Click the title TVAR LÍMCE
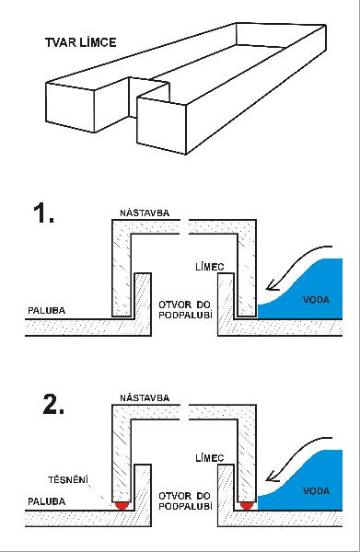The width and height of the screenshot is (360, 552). coord(81,42)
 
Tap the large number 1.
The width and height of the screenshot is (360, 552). coord(43,213)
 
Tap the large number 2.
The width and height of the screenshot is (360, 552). coord(53,404)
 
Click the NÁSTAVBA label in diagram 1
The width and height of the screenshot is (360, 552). coord(145,213)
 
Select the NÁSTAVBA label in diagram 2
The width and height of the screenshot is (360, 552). coord(145,397)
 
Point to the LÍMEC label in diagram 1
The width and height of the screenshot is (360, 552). coord(210,267)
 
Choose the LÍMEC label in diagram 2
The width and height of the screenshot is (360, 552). coord(210,457)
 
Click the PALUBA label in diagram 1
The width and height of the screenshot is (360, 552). coord(47,311)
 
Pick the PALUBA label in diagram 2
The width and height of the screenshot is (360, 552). coord(47,501)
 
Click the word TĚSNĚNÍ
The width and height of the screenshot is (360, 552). coord(68,479)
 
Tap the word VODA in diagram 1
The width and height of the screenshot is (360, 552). coord(317,300)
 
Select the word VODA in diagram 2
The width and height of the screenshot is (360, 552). coord(317,490)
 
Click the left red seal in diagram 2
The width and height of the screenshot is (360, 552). coord(122,505)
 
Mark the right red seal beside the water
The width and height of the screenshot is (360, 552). coord(247,505)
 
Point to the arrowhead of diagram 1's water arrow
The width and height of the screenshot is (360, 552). coord(271,285)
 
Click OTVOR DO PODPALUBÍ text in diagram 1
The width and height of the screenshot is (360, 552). coord(185,310)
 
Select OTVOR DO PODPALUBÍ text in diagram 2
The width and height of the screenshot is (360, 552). coord(185,501)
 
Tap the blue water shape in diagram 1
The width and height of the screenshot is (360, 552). coord(310,295)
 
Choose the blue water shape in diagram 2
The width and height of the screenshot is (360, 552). coord(310,487)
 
